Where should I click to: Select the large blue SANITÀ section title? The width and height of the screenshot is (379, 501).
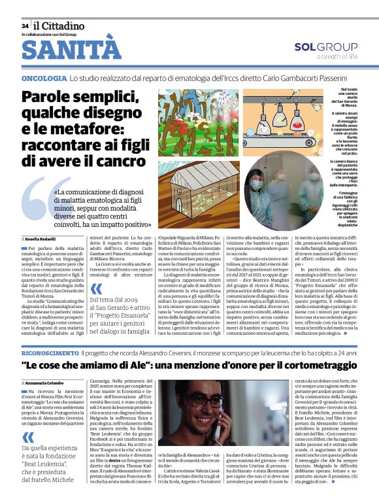pos(71,50)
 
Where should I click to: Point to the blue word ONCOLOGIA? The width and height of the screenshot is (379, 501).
pos(44,78)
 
